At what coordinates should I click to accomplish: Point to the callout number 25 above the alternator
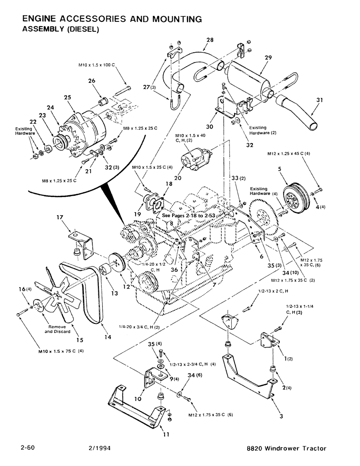[x=68, y=97]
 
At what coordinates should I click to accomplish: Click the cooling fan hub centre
[x=57, y=294]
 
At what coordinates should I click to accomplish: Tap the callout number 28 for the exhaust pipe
[x=209, y=41]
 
